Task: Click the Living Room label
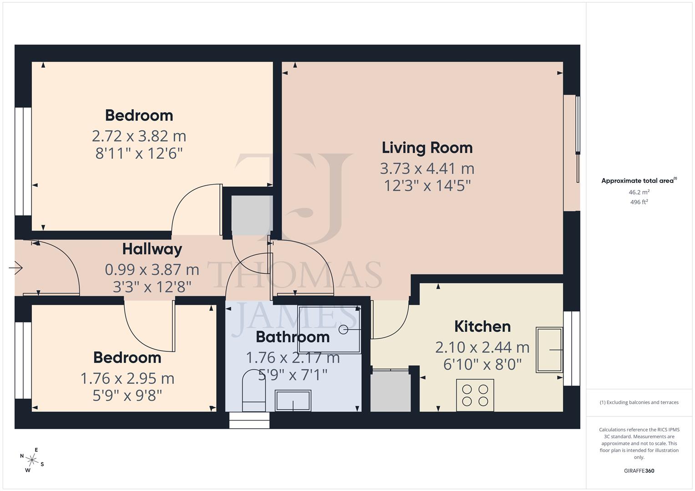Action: [427, 148]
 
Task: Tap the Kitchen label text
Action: [482, 326]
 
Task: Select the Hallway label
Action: [152, 249]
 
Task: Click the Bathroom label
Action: [293, 337]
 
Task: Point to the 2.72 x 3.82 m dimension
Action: [139, 136]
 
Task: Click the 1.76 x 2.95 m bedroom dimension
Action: [127, 378]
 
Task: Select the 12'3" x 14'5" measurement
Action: [427, 185]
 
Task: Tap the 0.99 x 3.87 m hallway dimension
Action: [152, 270]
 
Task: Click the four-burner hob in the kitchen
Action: [475, 395]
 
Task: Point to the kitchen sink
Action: [549, 350]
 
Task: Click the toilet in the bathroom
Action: [254, 391]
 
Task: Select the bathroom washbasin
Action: [293, 401]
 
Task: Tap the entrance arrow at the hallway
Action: [16, 268]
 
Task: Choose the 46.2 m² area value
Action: [639, 192]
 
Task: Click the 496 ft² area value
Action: [639, 202]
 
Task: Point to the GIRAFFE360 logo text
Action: [639, 471]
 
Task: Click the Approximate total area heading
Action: [639, 181]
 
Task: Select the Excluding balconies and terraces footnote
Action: [639, 402]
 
